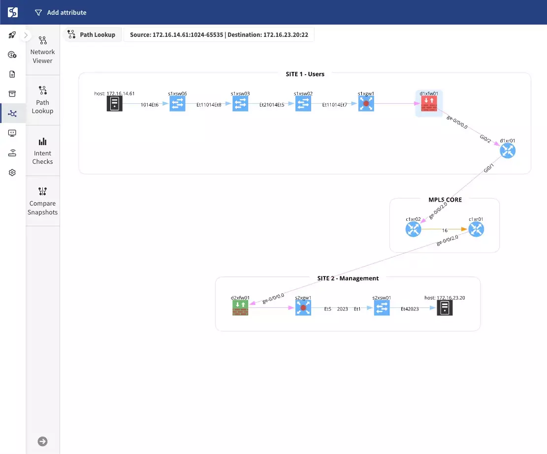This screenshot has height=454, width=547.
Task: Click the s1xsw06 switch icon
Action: pos(177,103)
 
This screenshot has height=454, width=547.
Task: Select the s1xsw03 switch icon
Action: pos(240,103)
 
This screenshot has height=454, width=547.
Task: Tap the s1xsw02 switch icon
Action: pos(303,103)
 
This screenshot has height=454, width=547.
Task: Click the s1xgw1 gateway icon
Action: pos(366,103)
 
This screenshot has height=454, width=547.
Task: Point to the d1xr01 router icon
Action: pos(507,151)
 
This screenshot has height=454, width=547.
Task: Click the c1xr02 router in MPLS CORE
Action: pos(413,229)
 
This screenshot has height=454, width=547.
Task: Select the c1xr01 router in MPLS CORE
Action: pos(476,229)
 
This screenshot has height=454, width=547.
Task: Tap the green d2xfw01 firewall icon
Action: pos(240,308)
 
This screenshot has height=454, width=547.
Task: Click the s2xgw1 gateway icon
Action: pos(303,308)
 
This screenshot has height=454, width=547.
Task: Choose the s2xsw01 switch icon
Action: pos(382,308)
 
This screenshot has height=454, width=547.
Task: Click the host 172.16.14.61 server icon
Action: pos(114,103)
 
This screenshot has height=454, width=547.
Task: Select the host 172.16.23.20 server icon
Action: pos(445,308)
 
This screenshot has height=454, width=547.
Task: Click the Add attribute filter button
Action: pos(61,12)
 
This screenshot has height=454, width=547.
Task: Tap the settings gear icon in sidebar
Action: pos(12,173)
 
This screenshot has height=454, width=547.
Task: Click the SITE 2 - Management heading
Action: pos(348,278)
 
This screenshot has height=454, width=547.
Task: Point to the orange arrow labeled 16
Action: pos(445,230)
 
